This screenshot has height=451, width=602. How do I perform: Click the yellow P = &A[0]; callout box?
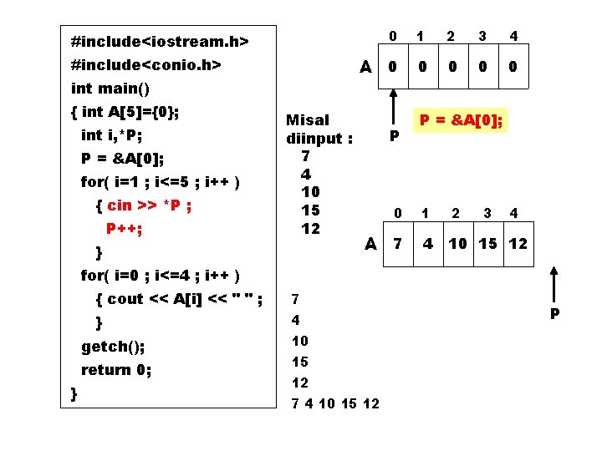[x=462, y=121]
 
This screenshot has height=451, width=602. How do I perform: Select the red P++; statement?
[x=124, y=228]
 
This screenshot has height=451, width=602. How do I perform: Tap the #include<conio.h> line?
[x=146, y=65]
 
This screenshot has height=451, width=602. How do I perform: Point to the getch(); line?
[x=113, y=346]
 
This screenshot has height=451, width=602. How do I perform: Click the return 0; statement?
[x=116, y=369]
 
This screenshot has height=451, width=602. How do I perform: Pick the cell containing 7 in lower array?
[x=398, y=244]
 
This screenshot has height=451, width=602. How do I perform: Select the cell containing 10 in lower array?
[x=457, y=244]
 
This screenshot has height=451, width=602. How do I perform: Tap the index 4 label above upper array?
[x=513, y=36]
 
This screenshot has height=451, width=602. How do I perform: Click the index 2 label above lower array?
[x=456, y=214]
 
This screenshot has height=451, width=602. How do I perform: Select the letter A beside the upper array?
[x=365, y=67]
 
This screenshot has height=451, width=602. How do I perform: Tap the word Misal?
[x=308, y=120]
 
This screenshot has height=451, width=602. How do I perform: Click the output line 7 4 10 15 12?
[x=334, y=404]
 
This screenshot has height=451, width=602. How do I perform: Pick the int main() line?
[x=110, y=88]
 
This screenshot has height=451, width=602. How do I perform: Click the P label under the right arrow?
[x=554, y=315]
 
